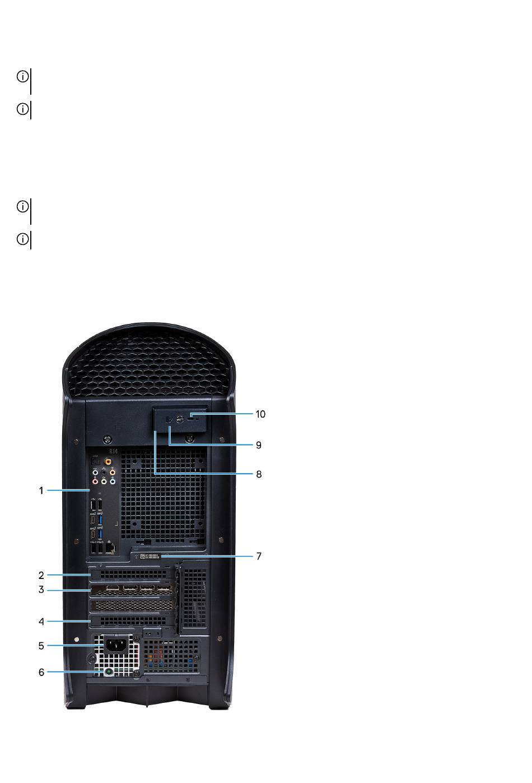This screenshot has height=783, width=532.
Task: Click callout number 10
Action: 260,414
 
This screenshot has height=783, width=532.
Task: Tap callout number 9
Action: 259,445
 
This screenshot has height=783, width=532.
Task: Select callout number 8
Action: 259,474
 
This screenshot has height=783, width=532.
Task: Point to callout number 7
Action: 259,557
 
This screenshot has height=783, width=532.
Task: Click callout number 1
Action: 41,490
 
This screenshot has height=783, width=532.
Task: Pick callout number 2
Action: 41,575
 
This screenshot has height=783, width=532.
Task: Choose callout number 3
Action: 41,590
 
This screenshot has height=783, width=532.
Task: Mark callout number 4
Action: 41,622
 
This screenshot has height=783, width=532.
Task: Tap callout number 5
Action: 41,646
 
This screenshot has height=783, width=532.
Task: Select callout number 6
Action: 41,671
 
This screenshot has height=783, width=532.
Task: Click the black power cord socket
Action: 115,646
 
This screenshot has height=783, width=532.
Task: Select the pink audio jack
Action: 95,481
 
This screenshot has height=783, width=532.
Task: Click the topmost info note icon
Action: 22,76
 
